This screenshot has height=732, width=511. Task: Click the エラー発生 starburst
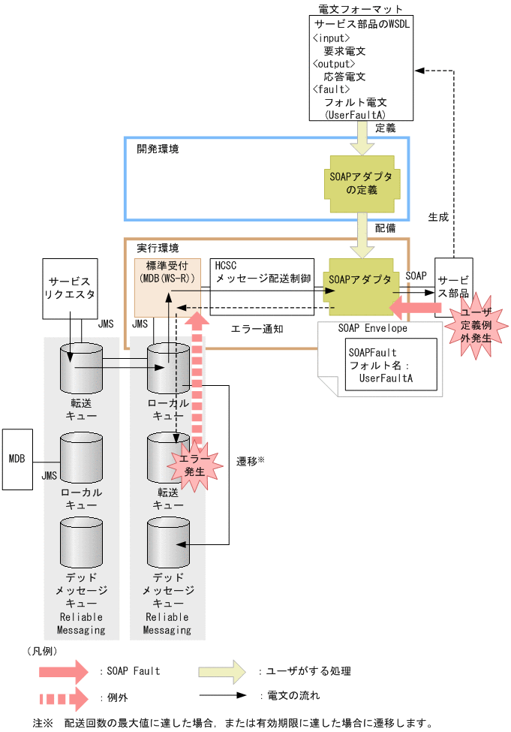[x=194, y=462]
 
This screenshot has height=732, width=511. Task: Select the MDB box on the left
[x=17, y=456]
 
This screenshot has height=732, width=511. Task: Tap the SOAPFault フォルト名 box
[x=380, y=365]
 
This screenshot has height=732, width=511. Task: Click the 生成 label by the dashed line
[x=438, y=216]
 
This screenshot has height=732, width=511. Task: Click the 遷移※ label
[x=251, y=460]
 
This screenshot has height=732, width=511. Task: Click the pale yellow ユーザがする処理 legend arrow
[x=222, y=670]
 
